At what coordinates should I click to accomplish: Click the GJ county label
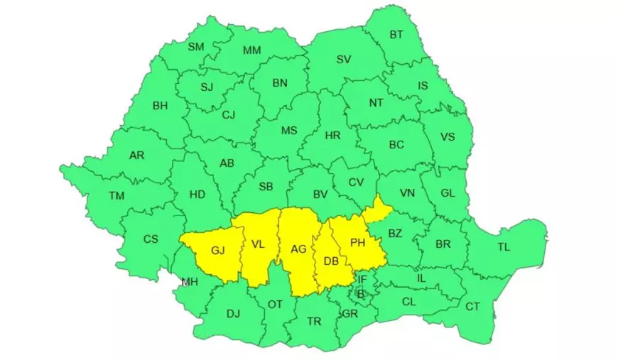click(217, 250)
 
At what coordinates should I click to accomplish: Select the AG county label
click(298, 249)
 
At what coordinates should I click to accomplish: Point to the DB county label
click(331, 261)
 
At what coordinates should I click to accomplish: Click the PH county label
click(357, 243)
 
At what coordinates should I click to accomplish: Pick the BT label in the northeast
click(396, 34)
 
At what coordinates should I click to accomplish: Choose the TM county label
click(116, 195)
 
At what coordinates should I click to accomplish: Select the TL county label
click(504, 247)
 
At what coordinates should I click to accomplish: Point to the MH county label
click(189, 282)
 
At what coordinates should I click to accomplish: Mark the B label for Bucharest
click(360, 293)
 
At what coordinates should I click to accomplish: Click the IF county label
click(362, 280)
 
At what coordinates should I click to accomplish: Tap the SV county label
click(344, 60)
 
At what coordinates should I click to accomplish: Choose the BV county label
click(320, 193)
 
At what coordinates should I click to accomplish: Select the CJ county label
click(228, 115)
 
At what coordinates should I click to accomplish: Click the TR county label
click(314, 322)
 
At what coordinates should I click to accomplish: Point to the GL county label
click(448, 193)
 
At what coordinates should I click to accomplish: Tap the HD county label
click(197, 194)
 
